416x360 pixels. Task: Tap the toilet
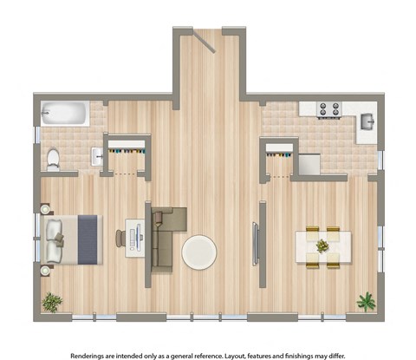point(53,158)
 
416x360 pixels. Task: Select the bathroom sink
point(97,157)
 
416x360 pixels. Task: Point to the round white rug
point(200,252)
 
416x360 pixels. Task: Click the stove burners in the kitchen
point(328,109)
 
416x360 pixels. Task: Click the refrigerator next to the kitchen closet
point(309,162)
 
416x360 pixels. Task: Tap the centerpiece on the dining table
point(322,246)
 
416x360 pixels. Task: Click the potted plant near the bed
point(53,302)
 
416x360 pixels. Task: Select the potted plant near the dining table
point(366,301)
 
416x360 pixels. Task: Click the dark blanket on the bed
point(88,239)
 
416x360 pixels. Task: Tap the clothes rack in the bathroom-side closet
point(127,153)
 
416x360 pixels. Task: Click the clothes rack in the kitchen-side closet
point(278,154)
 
